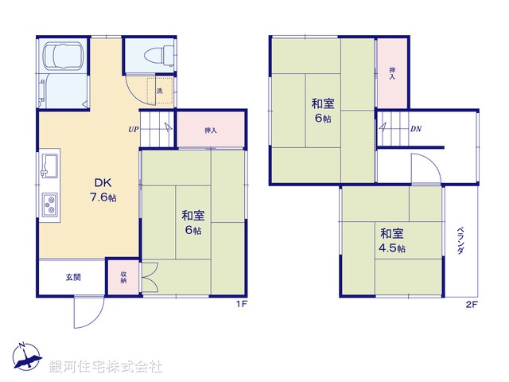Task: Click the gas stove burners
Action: coord(49,206)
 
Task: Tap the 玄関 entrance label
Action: coord(72,277)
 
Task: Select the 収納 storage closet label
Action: coord(124,278)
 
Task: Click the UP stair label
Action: coord(133,130)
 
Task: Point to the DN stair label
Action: coord(416,129)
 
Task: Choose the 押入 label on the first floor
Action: coord(211,131)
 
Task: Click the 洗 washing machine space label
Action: coord(159,91)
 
